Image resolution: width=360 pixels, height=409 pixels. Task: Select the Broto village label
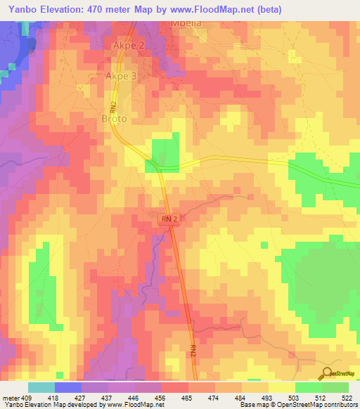point(115,119)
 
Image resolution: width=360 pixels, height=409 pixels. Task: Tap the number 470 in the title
point(103,9)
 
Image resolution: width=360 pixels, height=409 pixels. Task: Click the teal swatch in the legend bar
point(41,387)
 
